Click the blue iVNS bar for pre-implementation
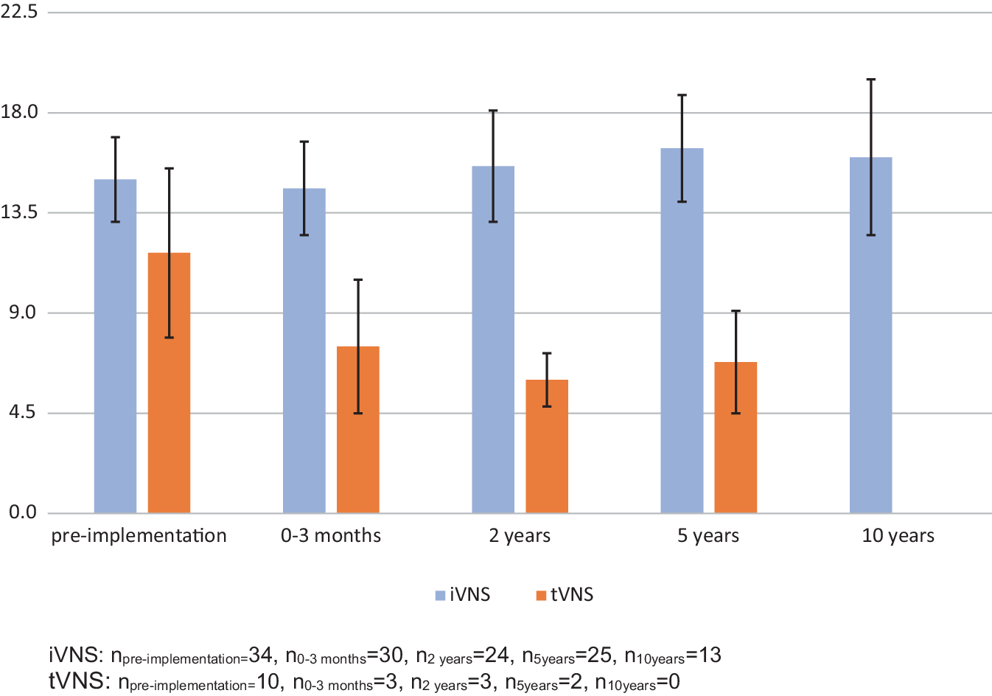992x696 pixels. tap(115, 346)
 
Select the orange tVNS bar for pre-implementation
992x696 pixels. tap(169, 383)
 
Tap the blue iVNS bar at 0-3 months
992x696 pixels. tap(304, 350)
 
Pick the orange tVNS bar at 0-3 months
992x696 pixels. tap(358, 430)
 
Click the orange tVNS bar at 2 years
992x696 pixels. tap(547, 446)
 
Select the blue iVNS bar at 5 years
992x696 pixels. tap(682, 330)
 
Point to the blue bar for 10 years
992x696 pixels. tap(870, 335)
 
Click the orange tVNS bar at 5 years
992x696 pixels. tap(736, 437)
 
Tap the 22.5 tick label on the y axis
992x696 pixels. tap(19, 12)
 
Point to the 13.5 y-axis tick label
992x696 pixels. tap(19, 212)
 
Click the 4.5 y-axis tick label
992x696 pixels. tap(22, 412)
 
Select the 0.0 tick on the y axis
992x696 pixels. tap(23, 512)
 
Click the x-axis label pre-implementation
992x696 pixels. tap(139, 536)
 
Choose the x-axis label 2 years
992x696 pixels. tap(520, 536)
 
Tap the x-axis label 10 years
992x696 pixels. tap(898, 536)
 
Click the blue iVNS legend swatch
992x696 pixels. tap(440, 596)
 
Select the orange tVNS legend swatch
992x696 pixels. tap(541, 596)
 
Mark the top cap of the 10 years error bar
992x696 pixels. tap(870, 80)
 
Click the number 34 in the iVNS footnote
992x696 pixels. tap(260, 655)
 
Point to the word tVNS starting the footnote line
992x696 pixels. tap(80, 681)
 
